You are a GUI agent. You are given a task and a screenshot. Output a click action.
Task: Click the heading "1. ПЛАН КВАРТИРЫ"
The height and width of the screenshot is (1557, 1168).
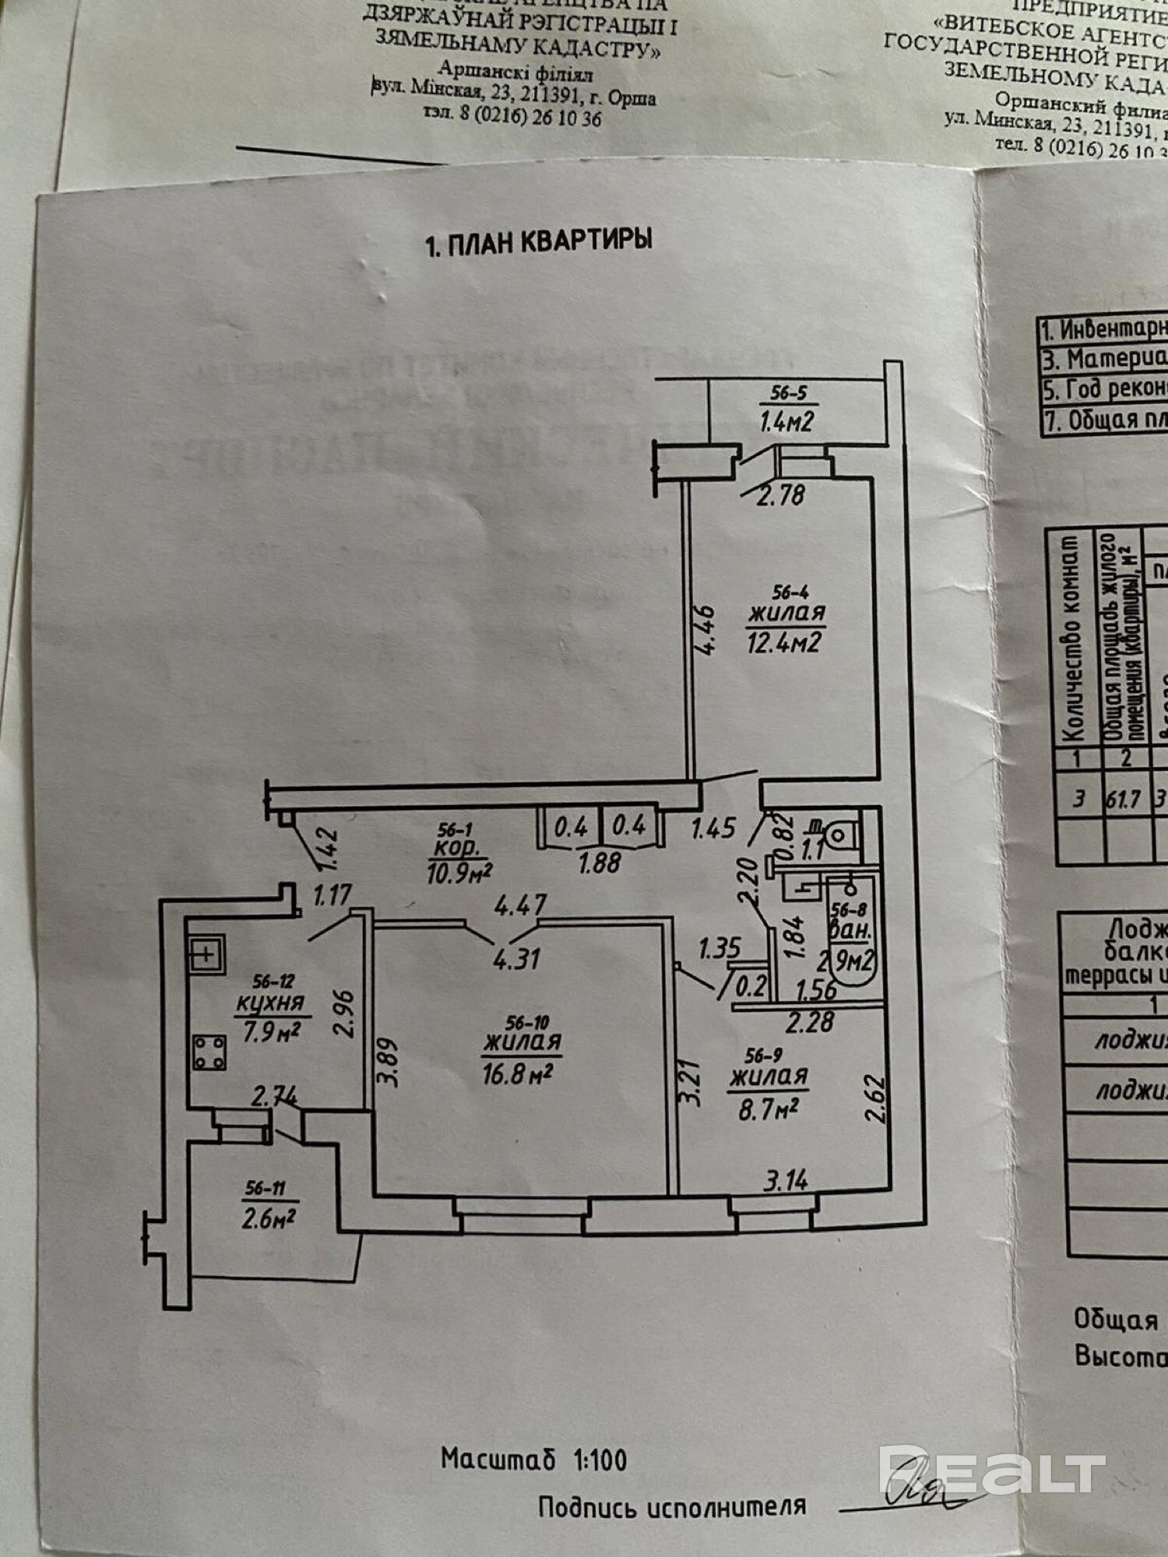click(538, 242)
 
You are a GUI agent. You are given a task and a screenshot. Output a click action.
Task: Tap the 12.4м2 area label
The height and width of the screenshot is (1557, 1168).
click(784, 642)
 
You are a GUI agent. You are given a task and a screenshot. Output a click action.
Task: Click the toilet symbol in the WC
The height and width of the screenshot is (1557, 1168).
click(839, 835)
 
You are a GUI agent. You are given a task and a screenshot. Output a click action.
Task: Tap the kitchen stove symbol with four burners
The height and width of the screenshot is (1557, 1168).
click(209, 1052)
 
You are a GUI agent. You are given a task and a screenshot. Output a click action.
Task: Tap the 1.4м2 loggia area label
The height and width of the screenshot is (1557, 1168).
click(786, 422)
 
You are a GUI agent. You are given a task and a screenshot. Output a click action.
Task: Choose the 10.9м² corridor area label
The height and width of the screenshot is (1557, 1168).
click(459, 873)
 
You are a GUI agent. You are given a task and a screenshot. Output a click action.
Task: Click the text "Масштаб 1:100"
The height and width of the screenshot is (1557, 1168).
click(533, 1458)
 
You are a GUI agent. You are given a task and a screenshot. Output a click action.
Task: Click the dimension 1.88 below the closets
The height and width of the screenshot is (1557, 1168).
click(600, 863)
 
